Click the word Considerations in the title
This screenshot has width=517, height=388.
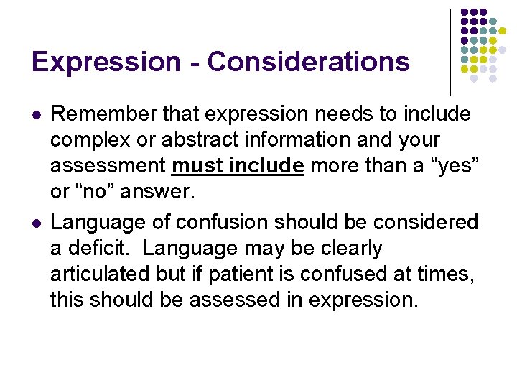click(309, 62)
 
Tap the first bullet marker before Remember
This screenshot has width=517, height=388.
click(35, 115)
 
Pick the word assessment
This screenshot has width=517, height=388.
click(108, 165)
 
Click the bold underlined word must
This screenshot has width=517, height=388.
click(197, 165)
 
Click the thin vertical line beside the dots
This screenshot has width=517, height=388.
click(450, 50)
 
